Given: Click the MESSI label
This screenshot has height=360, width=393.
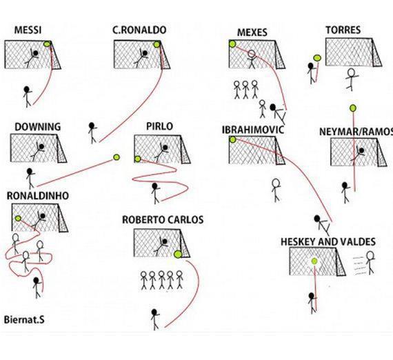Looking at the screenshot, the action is pyautogui.click(x=28, y=30).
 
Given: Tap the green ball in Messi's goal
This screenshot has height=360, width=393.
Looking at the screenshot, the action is pyautogui.click(x=47, y=44).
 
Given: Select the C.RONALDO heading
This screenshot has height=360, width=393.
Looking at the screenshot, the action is pyautogui.click(x=139, y=30).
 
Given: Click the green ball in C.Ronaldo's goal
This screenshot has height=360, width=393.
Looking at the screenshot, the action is pyautogui.click(x=157, y=45).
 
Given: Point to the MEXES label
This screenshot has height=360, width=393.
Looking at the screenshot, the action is pyautogui.click(x=252, y=32).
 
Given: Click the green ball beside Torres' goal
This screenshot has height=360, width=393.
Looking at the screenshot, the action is pyautogui.click(x=317, y=58).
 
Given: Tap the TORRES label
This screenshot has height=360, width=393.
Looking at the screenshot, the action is pyautogui.click(x=343, y=30).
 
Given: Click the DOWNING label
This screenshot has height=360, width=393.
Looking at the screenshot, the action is pyautogui.click(x=38, y=127).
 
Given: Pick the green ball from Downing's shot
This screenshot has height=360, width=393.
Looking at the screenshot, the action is pyautogui.click(x=117, y=157).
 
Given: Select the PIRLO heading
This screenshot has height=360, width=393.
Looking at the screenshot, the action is pyautogui.click(x=160, y=126).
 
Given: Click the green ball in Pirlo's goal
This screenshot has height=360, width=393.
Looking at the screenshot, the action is pyautogui.click(x=137, y=159).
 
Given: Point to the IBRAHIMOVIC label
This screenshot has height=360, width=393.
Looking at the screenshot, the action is pyautogui.click(x=253, y=130).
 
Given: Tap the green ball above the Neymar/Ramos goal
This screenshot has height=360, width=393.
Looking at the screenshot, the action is pyautogui.click(x=353, y=108).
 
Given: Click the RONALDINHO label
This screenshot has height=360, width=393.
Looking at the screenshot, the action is pyautogui.click(x=38, y=196).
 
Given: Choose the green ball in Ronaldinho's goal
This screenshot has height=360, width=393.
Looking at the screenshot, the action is pyautogui.click(x=18, y=219).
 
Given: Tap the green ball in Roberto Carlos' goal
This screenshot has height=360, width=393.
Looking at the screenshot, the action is pyautogui.click(x=178, y=254).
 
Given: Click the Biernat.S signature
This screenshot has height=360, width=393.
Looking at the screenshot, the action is pyautogui.click(x=24, y=320).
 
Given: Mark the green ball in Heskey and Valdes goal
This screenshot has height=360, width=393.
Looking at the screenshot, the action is pyautogui.click(x=314, y=261).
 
